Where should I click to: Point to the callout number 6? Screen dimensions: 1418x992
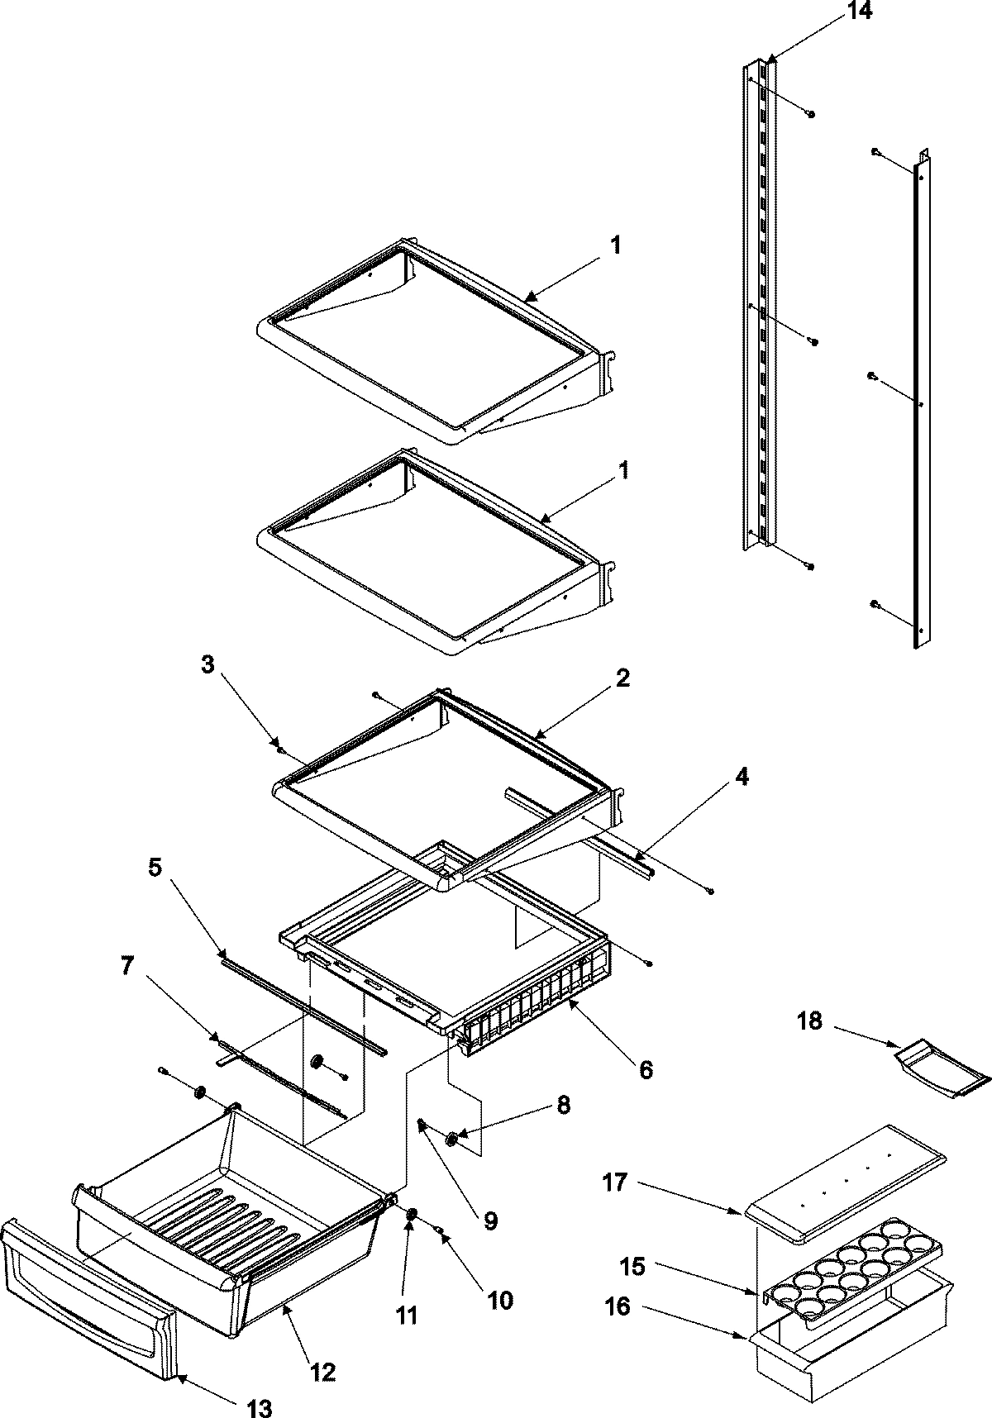click(645, 1069)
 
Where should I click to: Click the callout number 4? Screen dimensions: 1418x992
click(742, 777)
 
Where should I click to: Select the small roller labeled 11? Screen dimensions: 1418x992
click(411, 1212)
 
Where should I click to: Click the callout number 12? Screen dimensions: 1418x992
click(322, 1373)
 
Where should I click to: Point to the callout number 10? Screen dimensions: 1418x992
click(499, 1300)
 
